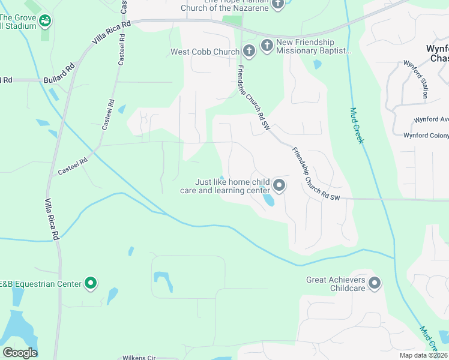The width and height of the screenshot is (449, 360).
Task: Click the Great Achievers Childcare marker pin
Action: (x=375, y=283)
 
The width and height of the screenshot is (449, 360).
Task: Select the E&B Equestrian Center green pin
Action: (x=91, y=283)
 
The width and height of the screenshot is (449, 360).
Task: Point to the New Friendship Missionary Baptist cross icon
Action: (x=268, y=46)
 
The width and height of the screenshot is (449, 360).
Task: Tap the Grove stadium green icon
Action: (x=45, y=22)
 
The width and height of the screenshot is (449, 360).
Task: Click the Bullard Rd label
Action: (x=58, y=79)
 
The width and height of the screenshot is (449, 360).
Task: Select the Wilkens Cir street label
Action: (x=139, y=358)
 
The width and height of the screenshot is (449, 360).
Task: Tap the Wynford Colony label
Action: (x=426, y=136)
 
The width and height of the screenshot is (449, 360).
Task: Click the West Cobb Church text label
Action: (x=205, y=52)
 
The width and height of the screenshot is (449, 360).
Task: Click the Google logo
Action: (x=20, y=353)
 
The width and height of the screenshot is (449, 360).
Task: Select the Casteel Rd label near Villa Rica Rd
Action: (x=73, y=166)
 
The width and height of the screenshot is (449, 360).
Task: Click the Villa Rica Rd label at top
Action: (x=111, y=34)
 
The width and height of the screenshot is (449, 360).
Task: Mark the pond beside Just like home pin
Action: (x=268, y=199)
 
